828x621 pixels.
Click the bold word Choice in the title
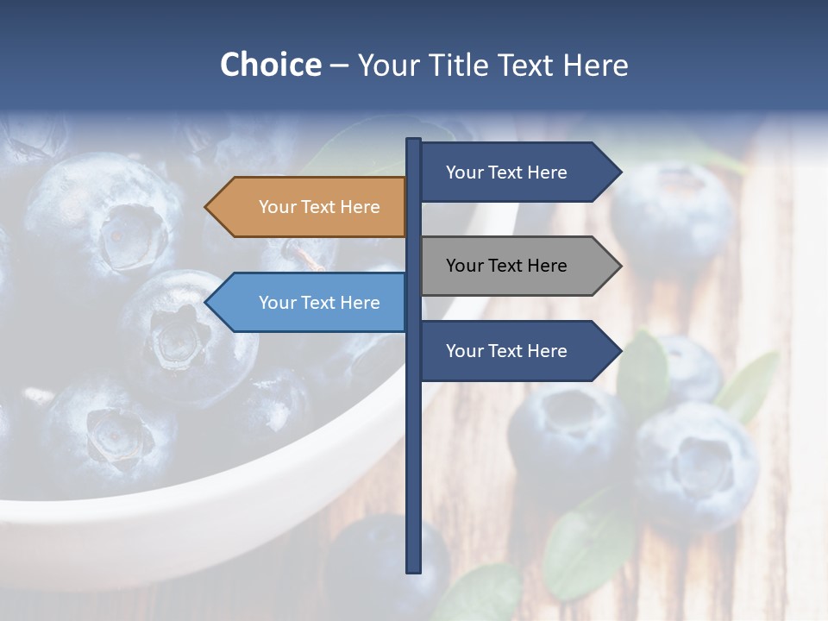pyautogui.click(x=270, y=65)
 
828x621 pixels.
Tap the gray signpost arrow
pyautogui.click(x=517, y=266)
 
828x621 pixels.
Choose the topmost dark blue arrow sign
pyautogui.click(x=517, y=172)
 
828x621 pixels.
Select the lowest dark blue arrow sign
pyautogui.click(x=517, y=351)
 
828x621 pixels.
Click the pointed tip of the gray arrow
pyautogui.click(x=619, y=266)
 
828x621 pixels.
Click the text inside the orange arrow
pyautogui.click(x=319, y=207)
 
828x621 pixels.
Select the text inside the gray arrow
pyautogui.click(x=506, y=266)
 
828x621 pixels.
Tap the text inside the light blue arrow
pyautogui.click(x=319, y=303)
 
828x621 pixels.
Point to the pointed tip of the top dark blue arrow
pyautogui.click(x=619, y=172)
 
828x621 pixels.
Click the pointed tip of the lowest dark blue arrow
pyautogui.click(x=619, y=351)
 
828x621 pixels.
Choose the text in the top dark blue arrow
pyautogui.click(x=506, y=172)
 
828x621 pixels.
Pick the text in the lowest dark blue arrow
pyautogui.click(x=506, y=351)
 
